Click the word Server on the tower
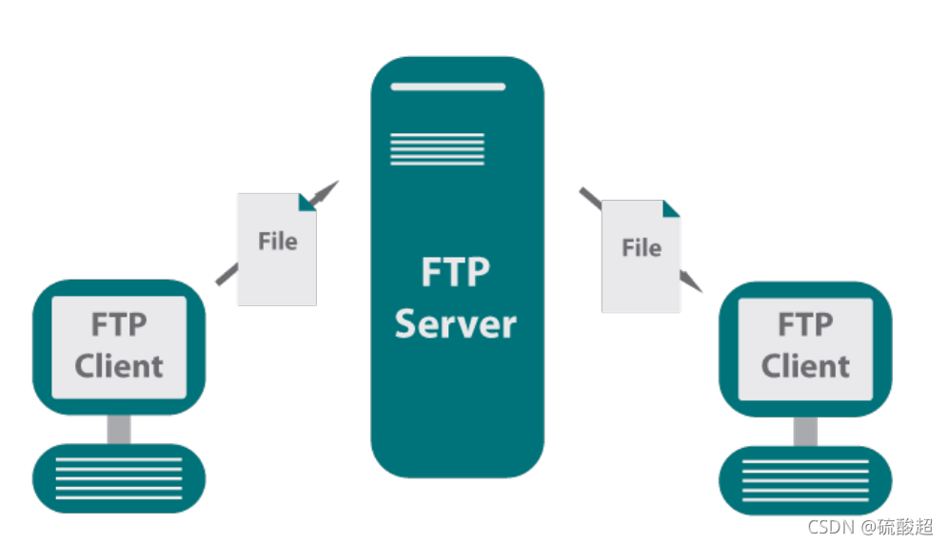click(455, 324)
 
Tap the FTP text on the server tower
click(455, 272)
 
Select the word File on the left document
click(277, 242)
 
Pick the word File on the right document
click(641, 248)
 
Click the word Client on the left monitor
click(119, 366)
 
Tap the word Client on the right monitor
click(805, 366)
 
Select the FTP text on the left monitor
click(119, 324)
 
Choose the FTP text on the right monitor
click(805, 324)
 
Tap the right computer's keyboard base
click(805, 479)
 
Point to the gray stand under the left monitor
click(119, 428)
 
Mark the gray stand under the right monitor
click(805, 430)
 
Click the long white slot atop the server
click(447, 87)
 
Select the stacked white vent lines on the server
click(437, 148)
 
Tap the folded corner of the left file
click(306, 202)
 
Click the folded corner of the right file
click(671, 208)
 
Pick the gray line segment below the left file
click(227, 274)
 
